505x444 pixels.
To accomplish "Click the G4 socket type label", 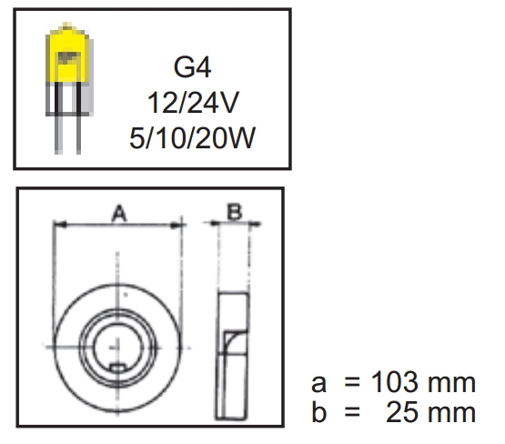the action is point(192,67).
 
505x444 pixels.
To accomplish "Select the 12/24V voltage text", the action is point(193,103).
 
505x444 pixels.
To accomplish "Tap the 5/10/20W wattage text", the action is point(192,137).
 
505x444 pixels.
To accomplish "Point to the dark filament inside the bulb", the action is point(68,57).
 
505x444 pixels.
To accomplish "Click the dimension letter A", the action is point(119,213).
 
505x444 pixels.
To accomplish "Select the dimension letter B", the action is point(234,211).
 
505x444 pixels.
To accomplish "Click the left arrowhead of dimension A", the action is point(59,224).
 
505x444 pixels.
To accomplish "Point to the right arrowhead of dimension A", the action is point(176,225).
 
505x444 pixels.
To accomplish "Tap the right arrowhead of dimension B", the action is point(256,224).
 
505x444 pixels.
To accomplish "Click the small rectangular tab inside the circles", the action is point(117,368).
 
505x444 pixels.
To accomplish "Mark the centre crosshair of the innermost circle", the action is point(117,347).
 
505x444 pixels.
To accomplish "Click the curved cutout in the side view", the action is point(233,342).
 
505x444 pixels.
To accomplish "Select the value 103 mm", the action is point(423,382).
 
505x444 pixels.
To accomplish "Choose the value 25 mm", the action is point(430,412).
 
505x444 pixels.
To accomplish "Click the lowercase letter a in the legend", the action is point(318,384).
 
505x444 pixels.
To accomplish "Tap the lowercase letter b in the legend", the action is point(319,412).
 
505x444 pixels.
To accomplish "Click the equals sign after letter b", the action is point(352,412).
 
